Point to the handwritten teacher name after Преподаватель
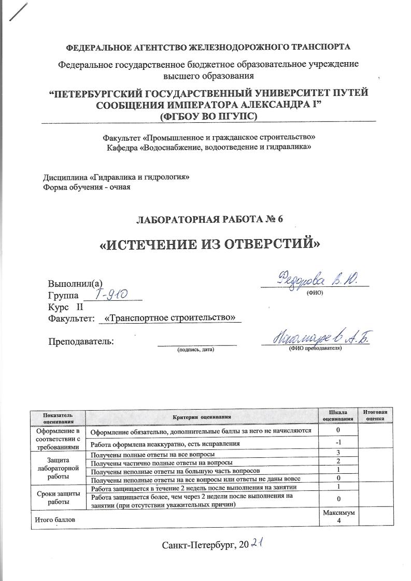point(317,339)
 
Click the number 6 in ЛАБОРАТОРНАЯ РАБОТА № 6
point(280,218)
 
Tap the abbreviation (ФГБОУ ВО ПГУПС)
point(209,117)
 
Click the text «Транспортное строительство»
point(170,317)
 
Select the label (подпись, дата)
point(195,350)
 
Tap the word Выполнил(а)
point(76,284)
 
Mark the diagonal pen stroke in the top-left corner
point(19,12)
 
